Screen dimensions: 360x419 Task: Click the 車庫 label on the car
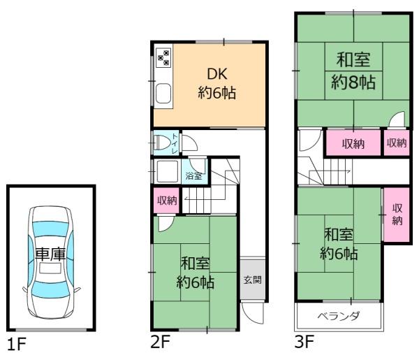50,255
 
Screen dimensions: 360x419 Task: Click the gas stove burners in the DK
163,57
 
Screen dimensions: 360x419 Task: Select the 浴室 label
193,175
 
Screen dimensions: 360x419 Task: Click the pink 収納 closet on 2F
166,201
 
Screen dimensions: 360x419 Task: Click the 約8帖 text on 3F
353,83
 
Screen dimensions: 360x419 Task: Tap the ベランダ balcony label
339,316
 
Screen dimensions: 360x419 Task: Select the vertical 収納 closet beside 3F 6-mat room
396,215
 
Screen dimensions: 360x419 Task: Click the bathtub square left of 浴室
168,171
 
